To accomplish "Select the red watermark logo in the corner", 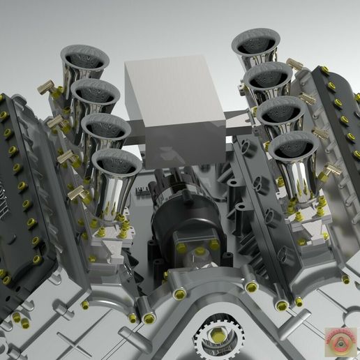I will (x=340, y=341).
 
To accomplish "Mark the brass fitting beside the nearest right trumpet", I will (x=331, y=169).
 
